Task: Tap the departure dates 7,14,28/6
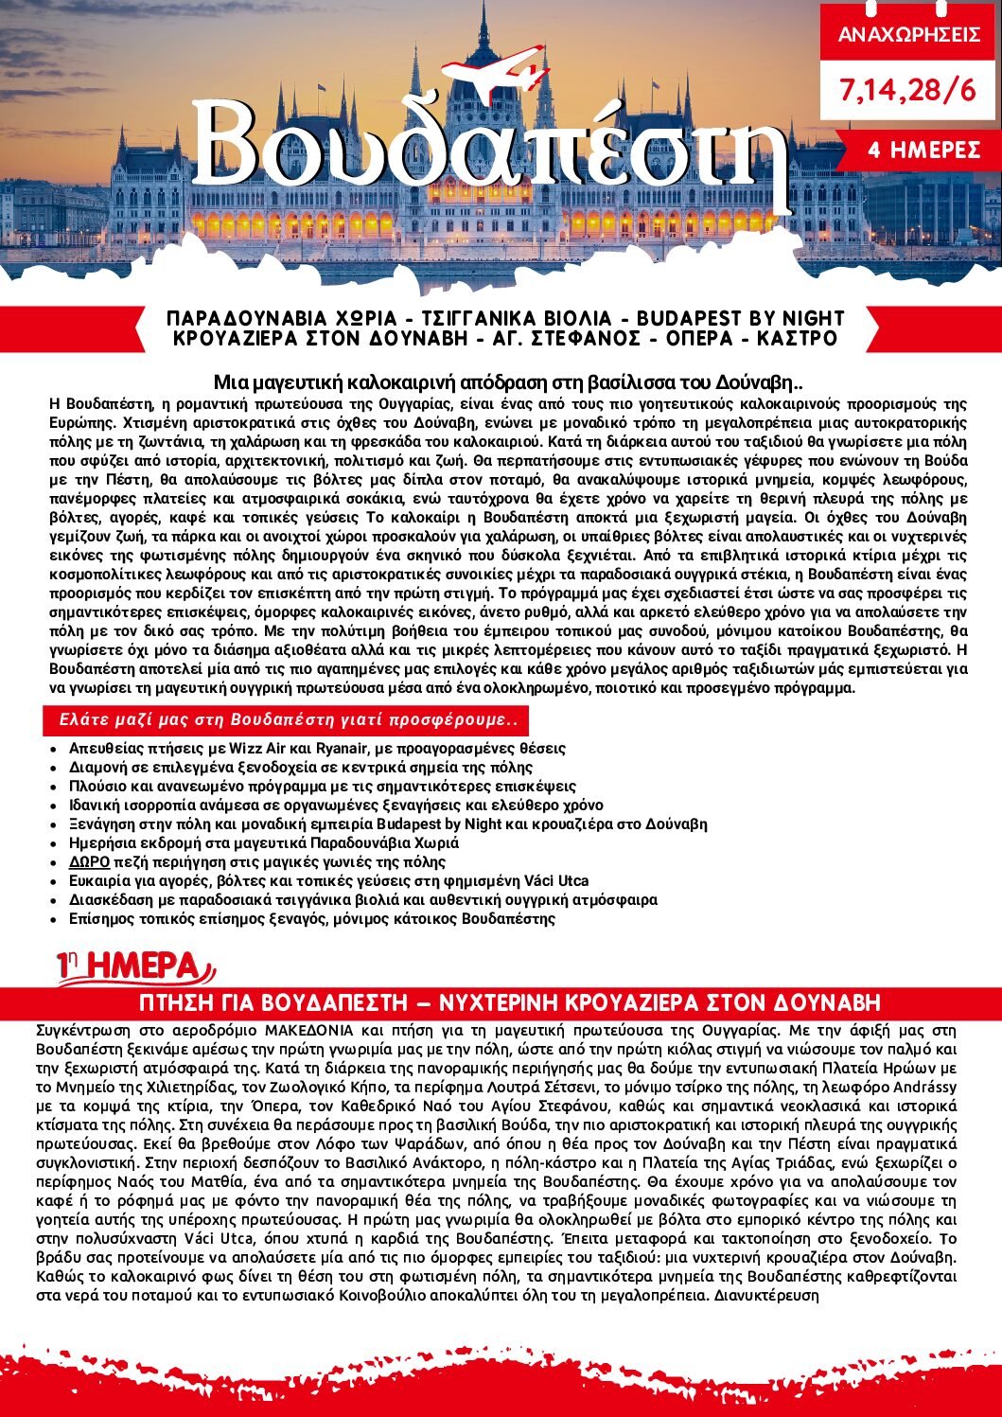[907, 91]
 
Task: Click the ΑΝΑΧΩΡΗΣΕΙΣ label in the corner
[908, 36]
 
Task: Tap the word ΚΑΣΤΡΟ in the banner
[798, 339]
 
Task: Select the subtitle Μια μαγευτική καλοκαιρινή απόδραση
[507, 383]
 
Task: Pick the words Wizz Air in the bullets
[256, 748]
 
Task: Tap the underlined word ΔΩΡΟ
[89, 861]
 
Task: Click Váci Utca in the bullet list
[557, 880]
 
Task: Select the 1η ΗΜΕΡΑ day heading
[132, 966]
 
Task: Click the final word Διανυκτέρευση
[766, 1295]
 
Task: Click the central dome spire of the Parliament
[484, 28]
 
